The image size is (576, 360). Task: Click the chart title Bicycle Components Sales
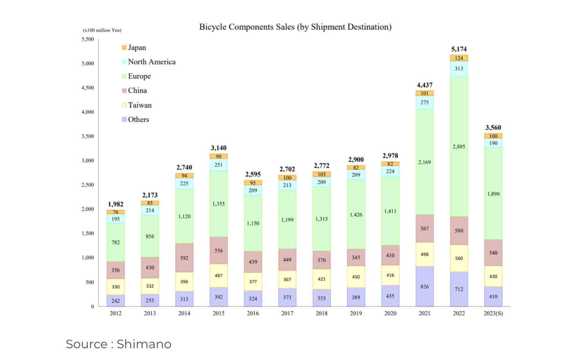(x=295, y=27)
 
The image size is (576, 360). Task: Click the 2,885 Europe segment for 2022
(x=459, y=147)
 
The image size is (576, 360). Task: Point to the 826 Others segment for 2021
(x=424, y=286)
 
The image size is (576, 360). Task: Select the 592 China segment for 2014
(x=184, y=258)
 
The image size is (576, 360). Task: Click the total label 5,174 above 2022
(x=459, y=49)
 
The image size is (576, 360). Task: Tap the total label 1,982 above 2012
(x=116, y=204)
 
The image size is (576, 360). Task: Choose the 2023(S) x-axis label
(x=493, y=313)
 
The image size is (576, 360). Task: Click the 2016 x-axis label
(x=253, y=313)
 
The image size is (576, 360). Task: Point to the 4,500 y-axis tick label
(x=87, y=88)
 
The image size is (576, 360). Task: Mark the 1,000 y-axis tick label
(x=87, y=258)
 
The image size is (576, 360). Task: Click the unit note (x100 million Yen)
(x=102, y=30)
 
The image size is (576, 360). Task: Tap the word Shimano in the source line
(x=144, y=344)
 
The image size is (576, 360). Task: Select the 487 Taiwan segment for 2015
(x=218, y=276)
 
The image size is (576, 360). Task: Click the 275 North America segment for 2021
(x=424, y=103)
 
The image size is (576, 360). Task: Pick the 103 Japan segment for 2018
(x=321, y=174)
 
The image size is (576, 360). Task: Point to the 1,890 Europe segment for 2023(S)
(x=493, y=194)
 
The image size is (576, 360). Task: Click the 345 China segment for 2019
(x=356, y=257)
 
